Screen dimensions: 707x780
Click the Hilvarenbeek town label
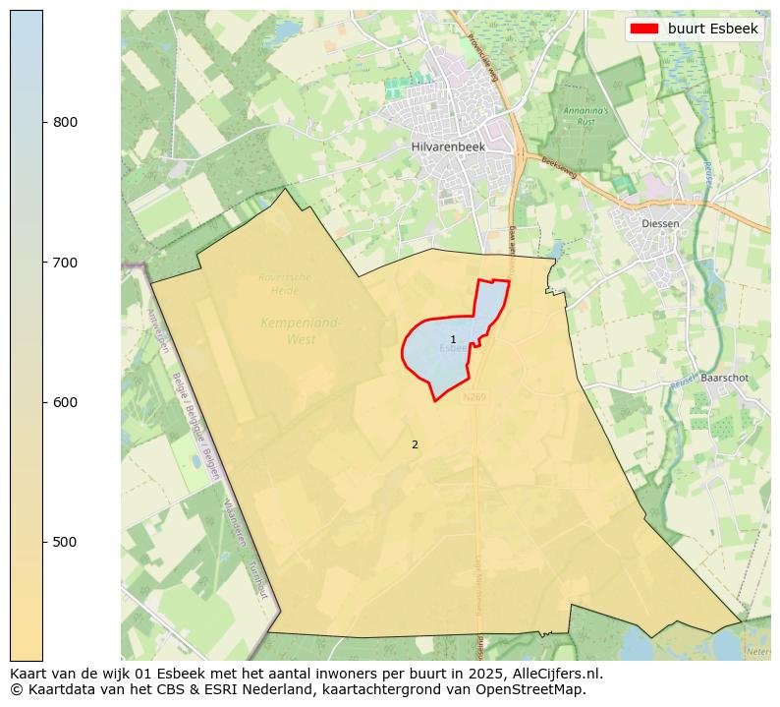click(444, 147)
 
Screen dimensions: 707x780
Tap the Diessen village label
click(659, 223)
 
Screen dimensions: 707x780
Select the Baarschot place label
click(725, 378)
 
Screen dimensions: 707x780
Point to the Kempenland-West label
click(301, 330)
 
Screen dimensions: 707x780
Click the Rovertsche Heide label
click(285, 283)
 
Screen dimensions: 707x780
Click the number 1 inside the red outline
click(453, 339)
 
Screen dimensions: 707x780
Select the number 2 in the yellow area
click(415, 444)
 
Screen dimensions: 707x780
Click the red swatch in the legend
click(644, 29)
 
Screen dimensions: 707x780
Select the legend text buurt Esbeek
click(712, 29)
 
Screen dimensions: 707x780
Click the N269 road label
click(474, 396)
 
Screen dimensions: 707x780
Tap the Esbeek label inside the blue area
click(452, 348)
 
